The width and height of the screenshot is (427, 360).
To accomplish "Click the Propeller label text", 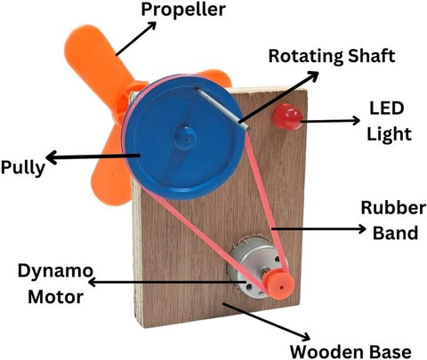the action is tap(183, 11).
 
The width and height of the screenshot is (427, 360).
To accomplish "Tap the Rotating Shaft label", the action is tap(332, 56).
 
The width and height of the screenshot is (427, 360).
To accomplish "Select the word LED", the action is tap(386, 108).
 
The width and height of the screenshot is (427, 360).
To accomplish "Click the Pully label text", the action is tap(23, 168).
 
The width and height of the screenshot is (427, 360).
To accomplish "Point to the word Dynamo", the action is tap(55, 270).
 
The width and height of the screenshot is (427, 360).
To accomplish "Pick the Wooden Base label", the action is tap(350, 352).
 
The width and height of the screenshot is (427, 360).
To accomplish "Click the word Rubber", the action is tap(393, 208).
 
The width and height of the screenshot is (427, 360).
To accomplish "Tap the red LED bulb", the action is tap(287, 116).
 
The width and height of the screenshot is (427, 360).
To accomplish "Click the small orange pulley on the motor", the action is tap(279, 284).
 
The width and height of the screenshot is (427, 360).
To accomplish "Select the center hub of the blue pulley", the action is tap(185, 138).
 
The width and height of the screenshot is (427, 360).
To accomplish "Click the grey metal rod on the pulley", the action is tap(222, 108).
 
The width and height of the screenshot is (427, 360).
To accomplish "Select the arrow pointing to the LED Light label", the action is tap(331, 121).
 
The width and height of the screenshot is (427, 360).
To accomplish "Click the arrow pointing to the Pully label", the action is tap(93, 156).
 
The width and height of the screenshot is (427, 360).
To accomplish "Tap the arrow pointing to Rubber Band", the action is tap(319, 228).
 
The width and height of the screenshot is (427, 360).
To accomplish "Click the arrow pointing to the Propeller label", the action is tap(136, 38).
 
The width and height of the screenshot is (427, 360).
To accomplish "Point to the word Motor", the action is tap(55, 297).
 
